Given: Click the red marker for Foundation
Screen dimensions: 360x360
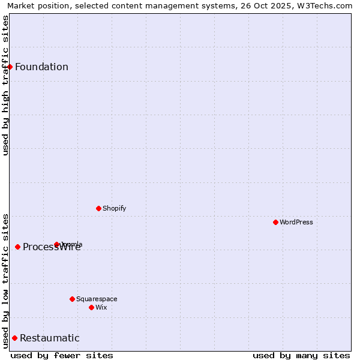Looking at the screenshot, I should pyautogui.click(x=10, y=67).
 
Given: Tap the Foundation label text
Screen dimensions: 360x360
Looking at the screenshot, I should pyautogui.click(x=41, y=67).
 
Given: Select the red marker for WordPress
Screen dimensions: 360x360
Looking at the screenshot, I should pyautogui.click(x=275, y=222).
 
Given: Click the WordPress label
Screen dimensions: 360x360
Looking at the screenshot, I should pyautogui.click(x=296, y=222).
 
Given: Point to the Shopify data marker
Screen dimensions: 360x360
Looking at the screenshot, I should pyautogui.click(x=98, y=208).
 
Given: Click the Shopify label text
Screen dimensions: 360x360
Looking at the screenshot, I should pyautogui.click(x=114, y=208).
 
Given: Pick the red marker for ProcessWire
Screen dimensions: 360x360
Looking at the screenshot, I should pyautogui.click(x=17, y=247).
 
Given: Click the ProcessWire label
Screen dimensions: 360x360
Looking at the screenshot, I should pyautogui.click(x=52, y=247).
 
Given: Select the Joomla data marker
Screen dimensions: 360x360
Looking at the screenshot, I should pyautogui.click(x=56, y=244).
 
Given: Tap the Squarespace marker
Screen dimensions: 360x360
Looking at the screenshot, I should pyautogui.click(x=72, y=299).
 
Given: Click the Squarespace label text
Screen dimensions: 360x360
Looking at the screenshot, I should pyautogui.click(x=97, y=299).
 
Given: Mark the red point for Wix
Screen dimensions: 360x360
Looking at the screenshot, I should pyautogui.click(x=91, y=307).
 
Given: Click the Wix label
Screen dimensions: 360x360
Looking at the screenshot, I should pyautogui.click(x=101, y=307).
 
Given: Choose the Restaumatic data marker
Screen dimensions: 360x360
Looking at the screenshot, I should pyautogui.click(x=14, y=338).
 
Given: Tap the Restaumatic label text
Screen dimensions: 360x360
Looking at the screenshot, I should pyautogui.click(x=50, y=338).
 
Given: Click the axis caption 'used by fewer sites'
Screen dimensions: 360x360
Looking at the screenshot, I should pyautogui.click(x=62, y=355).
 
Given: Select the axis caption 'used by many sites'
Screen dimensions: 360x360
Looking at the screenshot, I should pyautogui.click(x=301, y=355).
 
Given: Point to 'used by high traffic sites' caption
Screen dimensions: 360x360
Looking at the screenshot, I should pyautogui.click(x=5, y=85).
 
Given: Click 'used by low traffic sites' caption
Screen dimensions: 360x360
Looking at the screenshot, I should pyautogui.click(x=5, y=280).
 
